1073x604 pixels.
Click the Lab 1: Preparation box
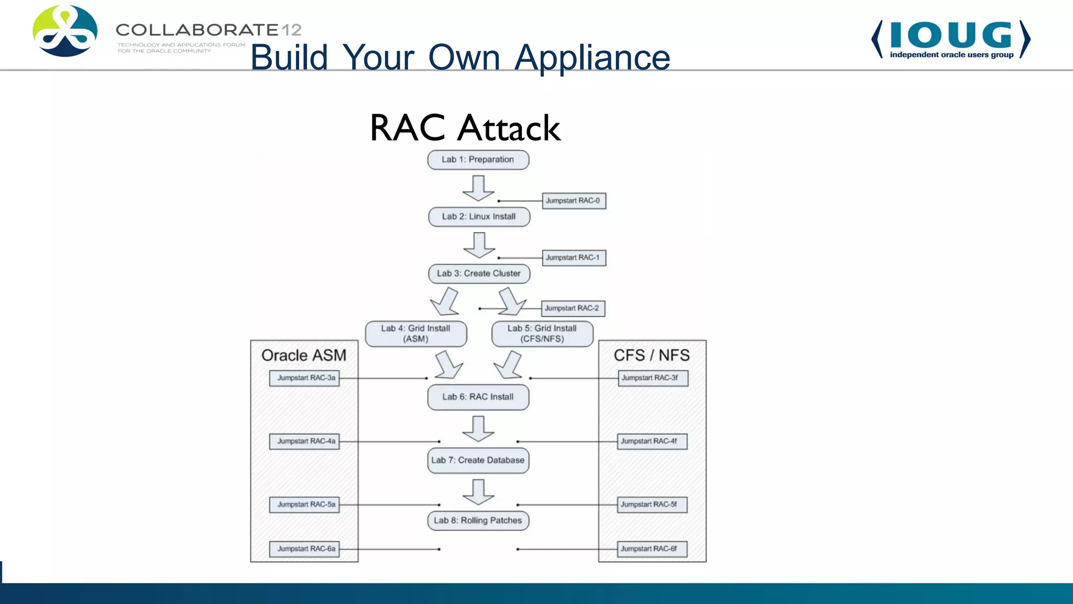point(478,160)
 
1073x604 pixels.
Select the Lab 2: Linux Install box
point(479,217)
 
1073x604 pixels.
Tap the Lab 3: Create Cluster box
point(479,274)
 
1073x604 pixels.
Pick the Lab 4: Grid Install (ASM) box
point(415,333)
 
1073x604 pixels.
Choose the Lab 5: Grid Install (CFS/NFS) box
point(542,333)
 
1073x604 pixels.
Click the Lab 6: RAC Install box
point(478,397)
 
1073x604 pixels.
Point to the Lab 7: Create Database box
point(478,460)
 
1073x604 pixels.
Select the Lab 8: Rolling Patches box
point(478,521)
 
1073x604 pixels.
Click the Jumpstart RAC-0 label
point(574,201)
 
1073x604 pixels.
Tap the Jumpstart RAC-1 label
point(574,258)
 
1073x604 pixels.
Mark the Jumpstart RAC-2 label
point(573,308)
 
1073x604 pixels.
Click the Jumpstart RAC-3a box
point(304,378)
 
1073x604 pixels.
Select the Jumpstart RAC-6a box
point(304,549)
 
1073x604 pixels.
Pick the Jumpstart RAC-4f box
point(652,441)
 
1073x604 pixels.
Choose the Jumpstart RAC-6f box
point(652,549)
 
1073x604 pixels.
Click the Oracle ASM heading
point(304,355)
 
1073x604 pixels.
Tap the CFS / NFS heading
point(652,355)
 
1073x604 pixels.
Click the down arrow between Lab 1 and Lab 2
point(478,188)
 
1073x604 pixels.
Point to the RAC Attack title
point(465,128)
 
